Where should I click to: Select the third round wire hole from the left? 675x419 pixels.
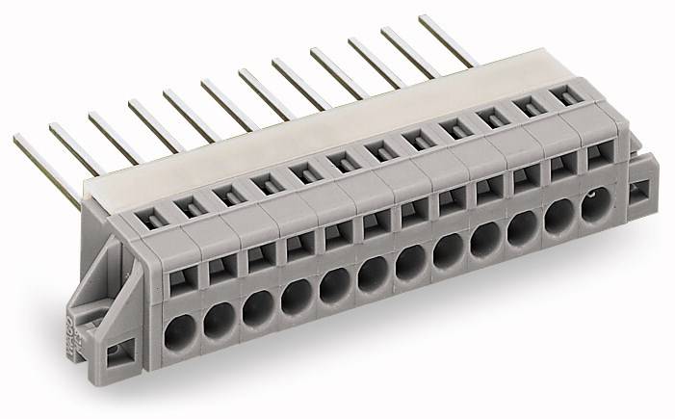(255, 311)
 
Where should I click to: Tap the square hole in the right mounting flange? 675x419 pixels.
(638, 193)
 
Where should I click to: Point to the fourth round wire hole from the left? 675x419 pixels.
(294, 300)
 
